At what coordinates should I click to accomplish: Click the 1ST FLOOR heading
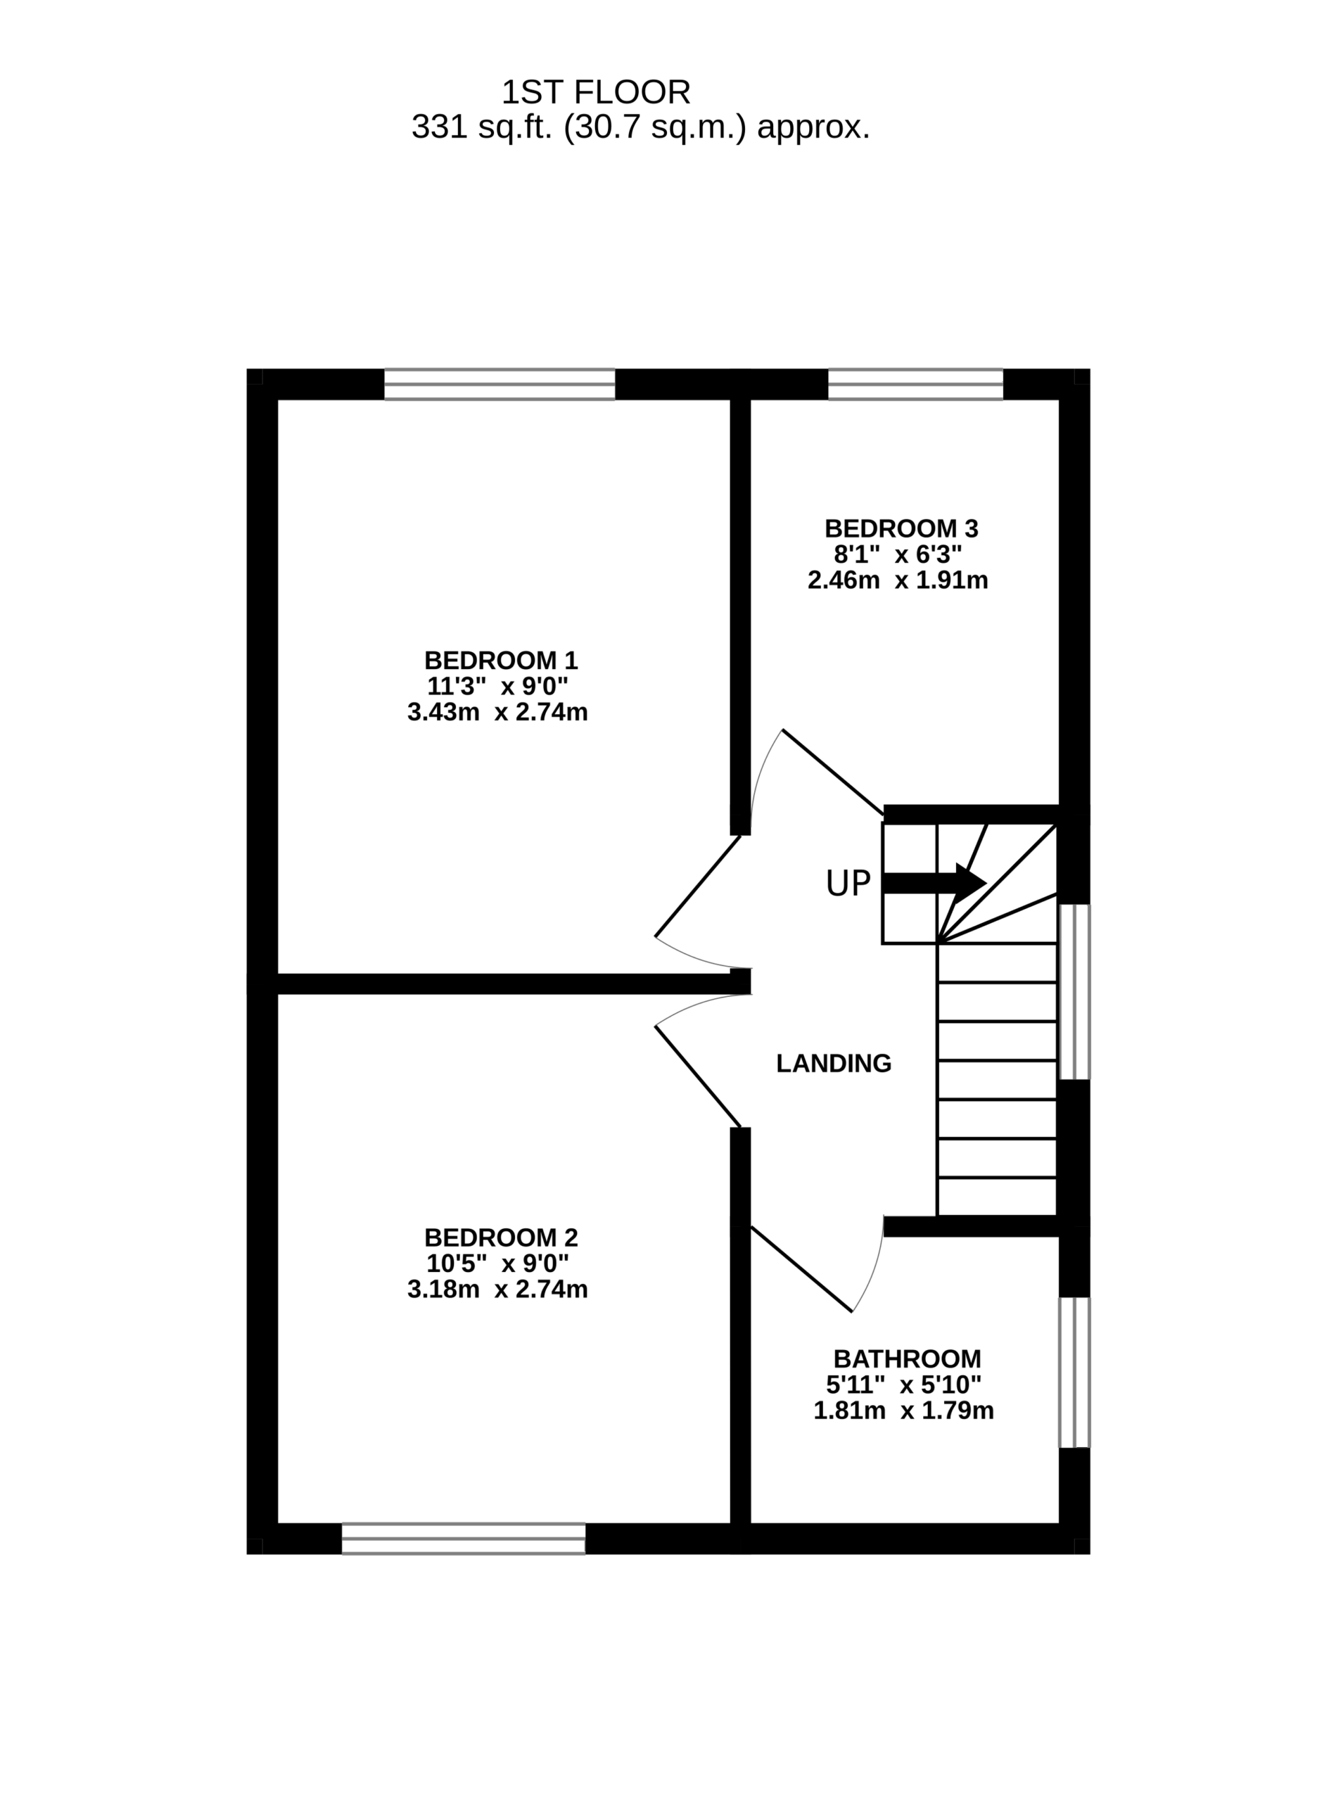596,93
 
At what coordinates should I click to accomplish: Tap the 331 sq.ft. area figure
640,128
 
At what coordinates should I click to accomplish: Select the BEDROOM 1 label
501,661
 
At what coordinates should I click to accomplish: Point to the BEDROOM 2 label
501,1237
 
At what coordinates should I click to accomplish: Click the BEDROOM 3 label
901,529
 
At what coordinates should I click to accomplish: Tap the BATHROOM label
908,1358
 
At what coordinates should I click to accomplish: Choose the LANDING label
834,1064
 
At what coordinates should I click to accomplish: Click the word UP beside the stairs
848,884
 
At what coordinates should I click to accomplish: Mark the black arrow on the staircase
935,883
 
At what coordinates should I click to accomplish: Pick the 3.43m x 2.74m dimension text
497,713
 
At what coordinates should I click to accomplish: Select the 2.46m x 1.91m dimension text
898,580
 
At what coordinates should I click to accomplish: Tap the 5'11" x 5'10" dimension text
903,1385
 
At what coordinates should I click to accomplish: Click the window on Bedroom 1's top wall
500,384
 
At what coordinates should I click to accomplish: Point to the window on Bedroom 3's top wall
915,384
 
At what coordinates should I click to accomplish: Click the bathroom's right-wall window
1075,1373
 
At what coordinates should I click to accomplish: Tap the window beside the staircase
1075,991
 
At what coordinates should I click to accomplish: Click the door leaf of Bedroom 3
833,772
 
